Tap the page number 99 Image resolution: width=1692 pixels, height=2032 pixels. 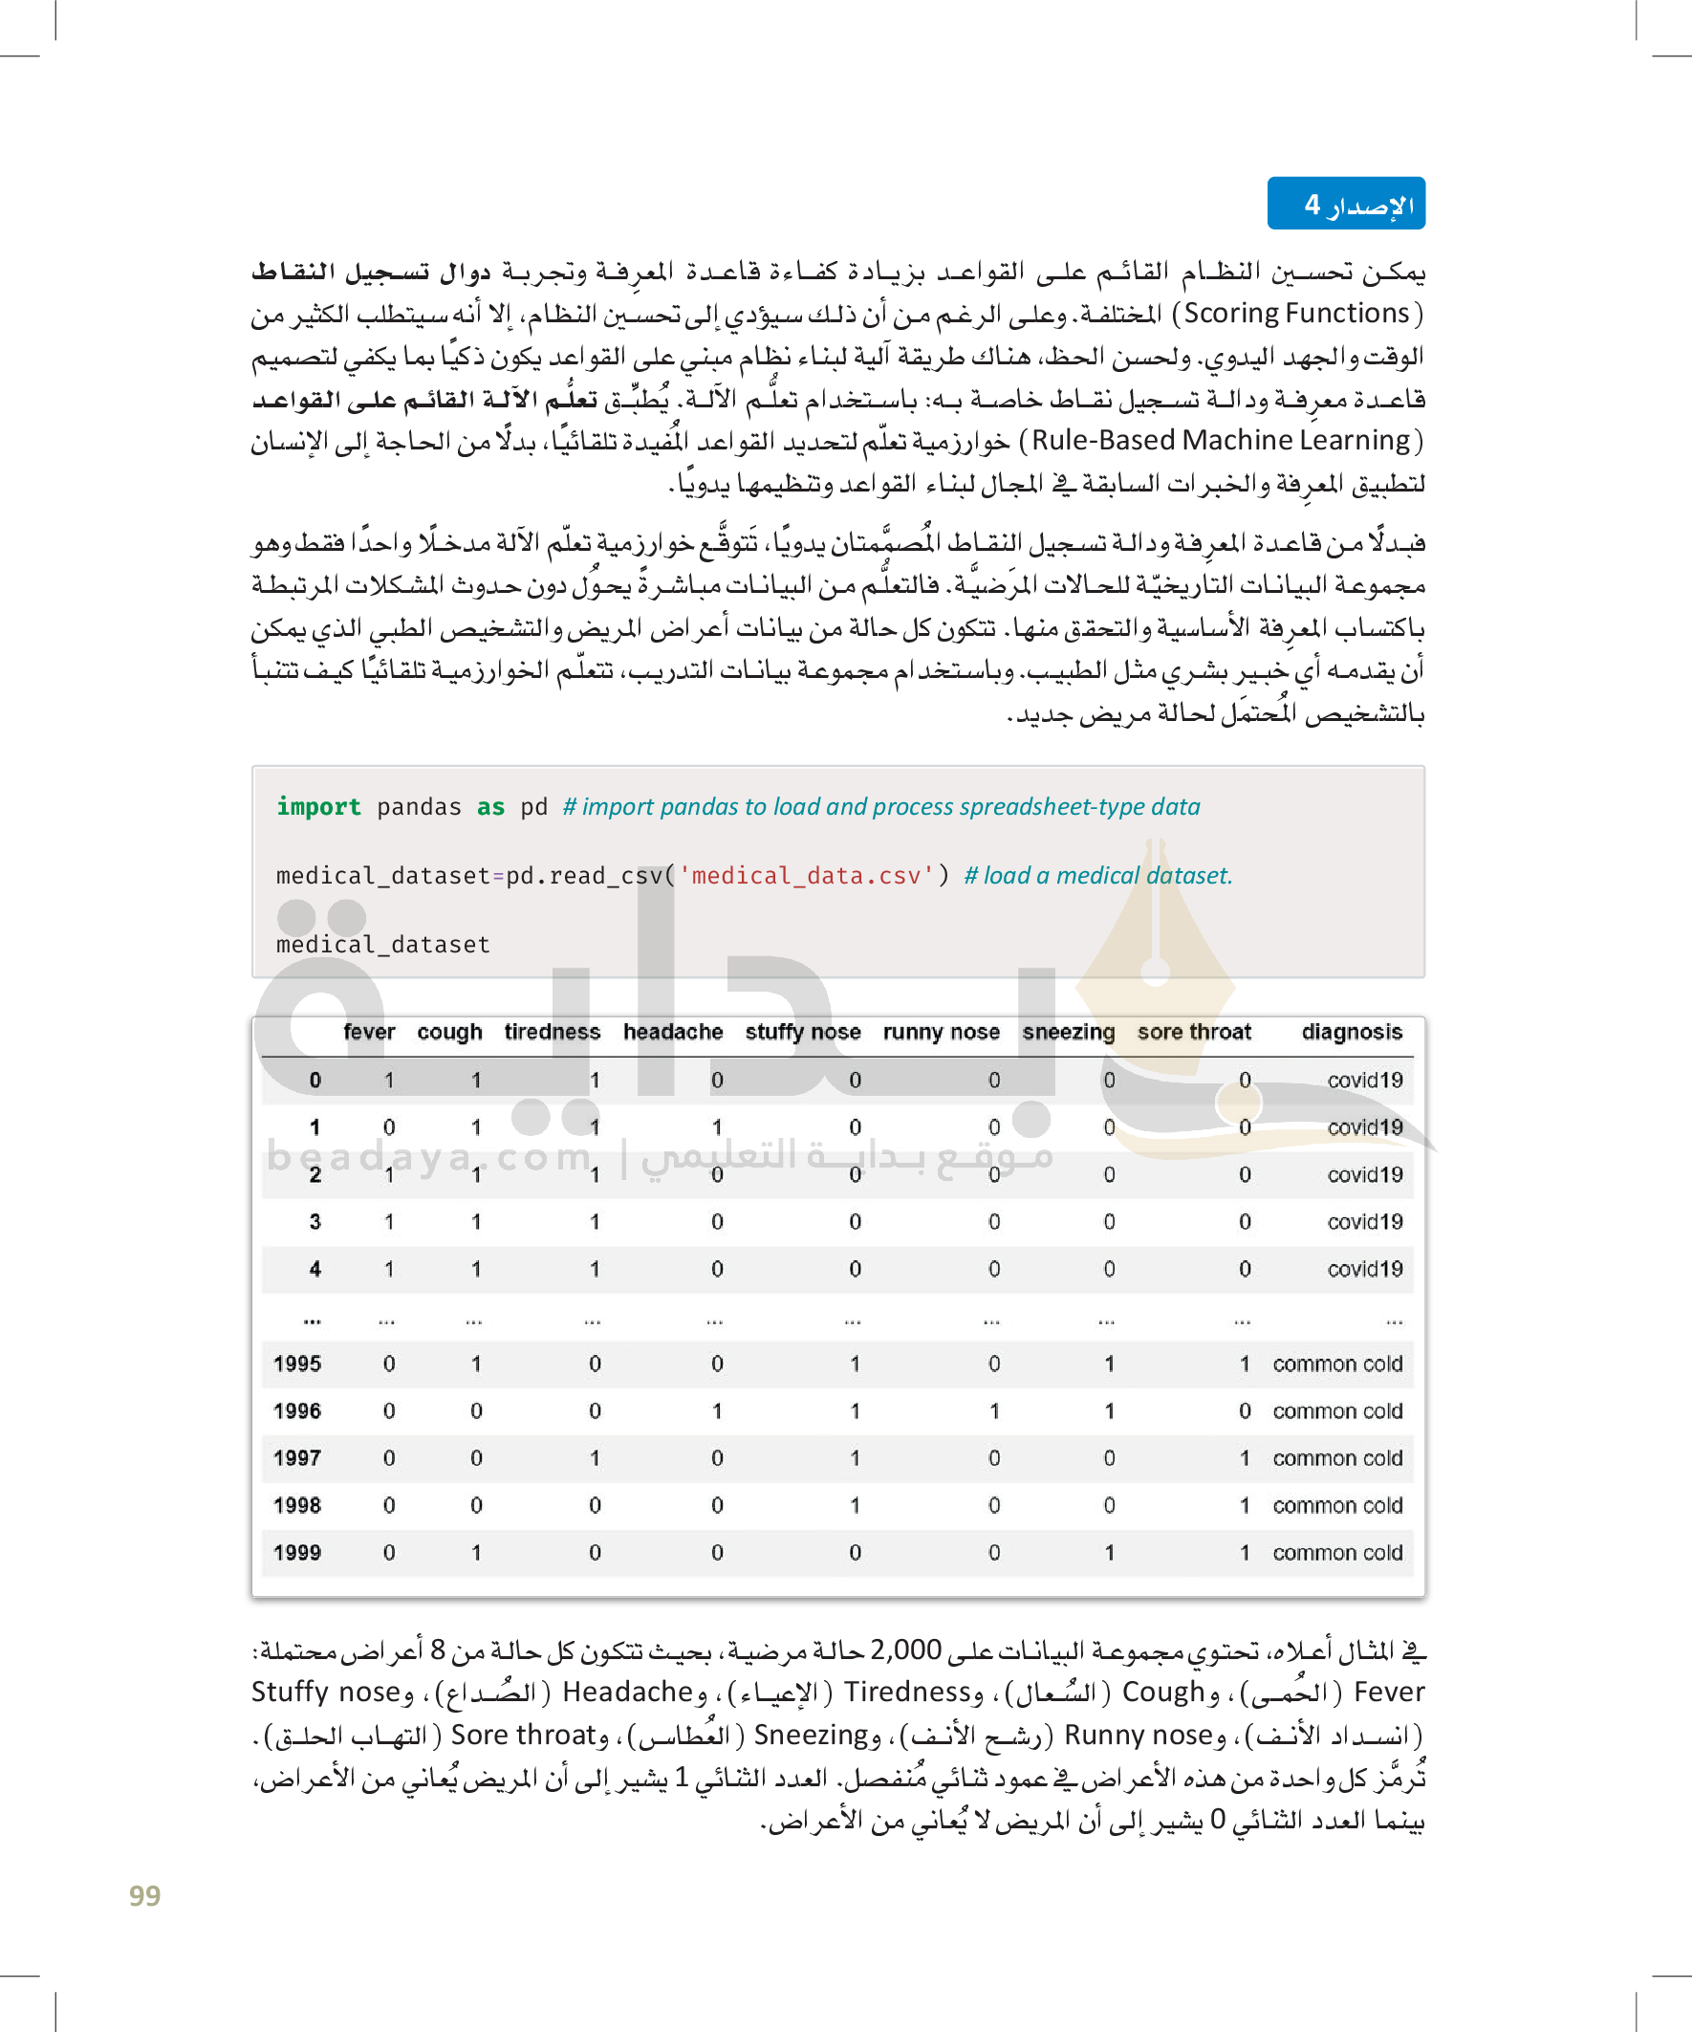pos(144,1894)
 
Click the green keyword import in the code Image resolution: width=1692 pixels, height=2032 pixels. pos(318,807)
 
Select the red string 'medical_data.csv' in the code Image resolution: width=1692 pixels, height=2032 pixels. pos(806,876)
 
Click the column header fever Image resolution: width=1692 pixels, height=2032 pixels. pos(369,1032)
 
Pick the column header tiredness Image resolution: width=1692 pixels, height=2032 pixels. pos(552,1032)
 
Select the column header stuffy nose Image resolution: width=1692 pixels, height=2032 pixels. pos(802,1032)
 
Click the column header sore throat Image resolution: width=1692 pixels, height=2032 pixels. pos(1194,1032)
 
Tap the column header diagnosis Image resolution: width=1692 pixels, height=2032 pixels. pos(1351,1032)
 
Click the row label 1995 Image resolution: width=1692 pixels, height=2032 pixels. pos(297,1364)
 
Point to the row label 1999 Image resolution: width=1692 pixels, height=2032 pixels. pos(297,1552)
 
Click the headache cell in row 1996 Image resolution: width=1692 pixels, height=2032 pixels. pos(717,1410)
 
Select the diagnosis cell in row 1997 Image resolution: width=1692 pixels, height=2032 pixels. pos(1337,1458)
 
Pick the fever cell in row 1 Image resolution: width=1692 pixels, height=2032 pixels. pos(389,1127)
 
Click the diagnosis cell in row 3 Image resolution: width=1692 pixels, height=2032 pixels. pos(1364,1221)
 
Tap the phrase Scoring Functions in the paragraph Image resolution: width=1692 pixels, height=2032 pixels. pos(1296,314)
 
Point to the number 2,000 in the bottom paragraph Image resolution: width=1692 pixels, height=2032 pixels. pos(905,1649)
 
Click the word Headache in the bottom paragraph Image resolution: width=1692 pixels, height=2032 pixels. pos(628,1692)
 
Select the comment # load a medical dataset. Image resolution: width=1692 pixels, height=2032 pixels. pos(1098,876)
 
